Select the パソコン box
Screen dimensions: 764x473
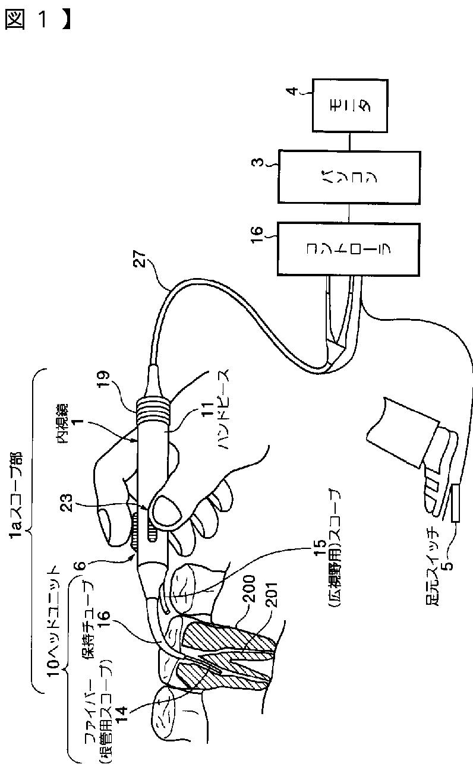[349, 177]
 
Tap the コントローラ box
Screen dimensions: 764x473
[349, 249]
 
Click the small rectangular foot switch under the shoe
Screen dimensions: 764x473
[455, 503]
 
